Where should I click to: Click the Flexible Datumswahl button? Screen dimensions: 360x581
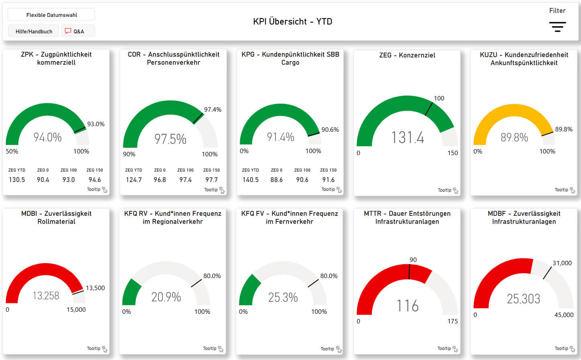click(x=51, y=15)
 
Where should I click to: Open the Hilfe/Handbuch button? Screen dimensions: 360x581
click(x=34, y=31)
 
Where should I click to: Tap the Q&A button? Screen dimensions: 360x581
click(x=78, y=31)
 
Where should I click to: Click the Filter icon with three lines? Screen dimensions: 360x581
click(x=557, y=27)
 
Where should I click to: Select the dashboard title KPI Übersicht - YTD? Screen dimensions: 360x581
click(x=292, y=22)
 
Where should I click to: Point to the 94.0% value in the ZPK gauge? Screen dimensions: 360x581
click(x=47, y=137)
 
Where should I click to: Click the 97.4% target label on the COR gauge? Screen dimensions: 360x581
click(x=212, y=110)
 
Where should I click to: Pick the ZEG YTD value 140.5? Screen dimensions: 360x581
click(x=251, y=180)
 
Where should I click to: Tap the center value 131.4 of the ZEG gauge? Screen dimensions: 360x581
click(x=408, y=138)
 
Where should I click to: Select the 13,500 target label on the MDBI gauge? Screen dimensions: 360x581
click(x=95, y=288)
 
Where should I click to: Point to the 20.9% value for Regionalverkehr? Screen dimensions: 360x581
click(x=166, y=297)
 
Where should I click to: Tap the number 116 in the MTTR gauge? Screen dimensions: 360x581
click(x=408, y=306)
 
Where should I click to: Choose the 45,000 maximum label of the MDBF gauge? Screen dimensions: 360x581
click(x=564, y=315)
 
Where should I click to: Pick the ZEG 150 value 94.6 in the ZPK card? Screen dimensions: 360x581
click(x=95, y=180)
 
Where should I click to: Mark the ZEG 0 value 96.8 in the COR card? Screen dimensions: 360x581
click(x=160, y=180)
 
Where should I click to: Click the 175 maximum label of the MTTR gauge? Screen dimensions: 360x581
click(x=453, y=321)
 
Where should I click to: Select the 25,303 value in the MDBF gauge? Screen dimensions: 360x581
click(x=524, y=299)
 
